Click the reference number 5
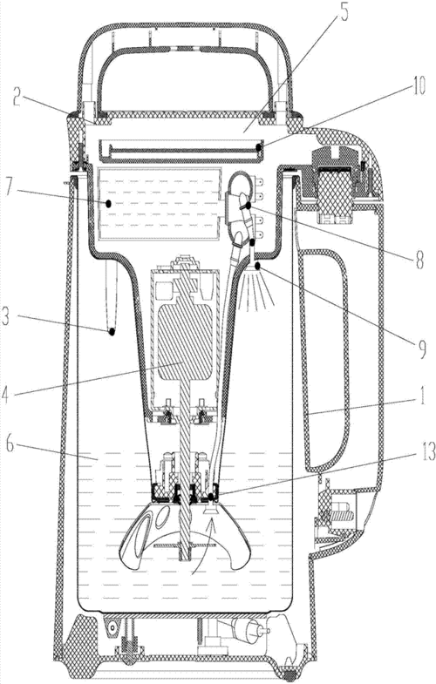(344, 14)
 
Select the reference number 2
(17, 99)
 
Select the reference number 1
(421, 398)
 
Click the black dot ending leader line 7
(108, 203)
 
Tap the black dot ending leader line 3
(112, 331)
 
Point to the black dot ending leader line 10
(259, 147)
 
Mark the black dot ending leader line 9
(257, 265)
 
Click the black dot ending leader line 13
(211, 497)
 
